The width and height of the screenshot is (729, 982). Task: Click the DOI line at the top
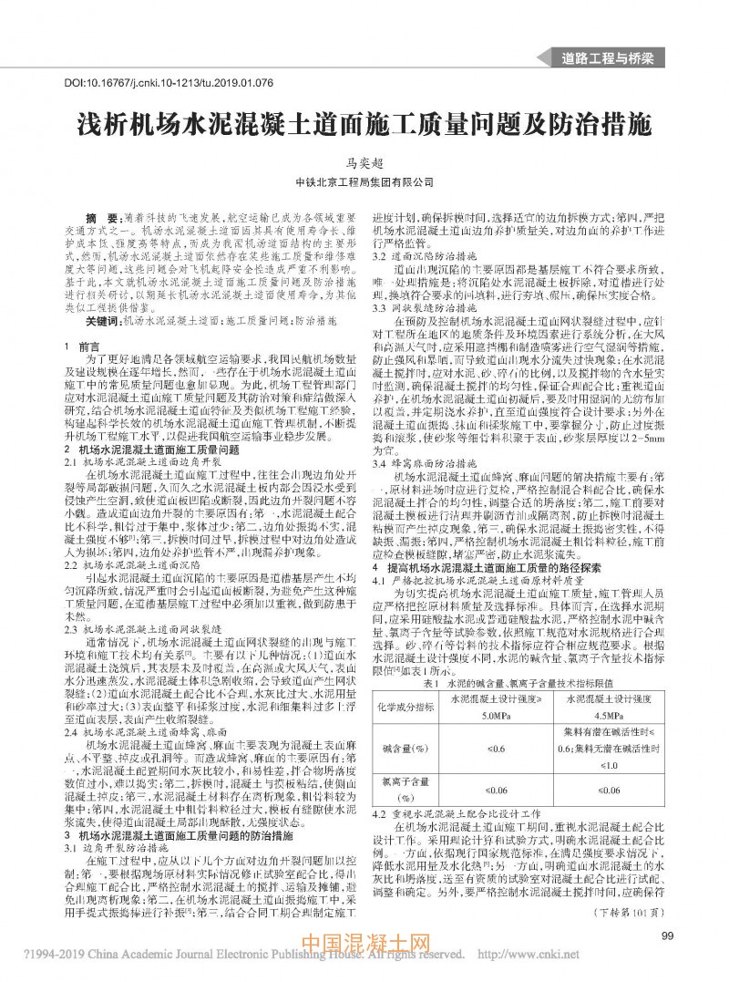169,83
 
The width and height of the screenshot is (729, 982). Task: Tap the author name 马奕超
364,160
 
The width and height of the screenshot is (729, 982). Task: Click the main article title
364,123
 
